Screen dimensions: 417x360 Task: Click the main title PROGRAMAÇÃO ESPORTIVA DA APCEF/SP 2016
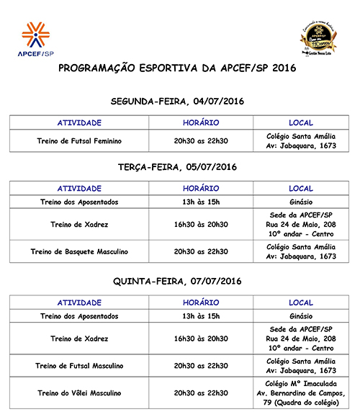click(177, 69)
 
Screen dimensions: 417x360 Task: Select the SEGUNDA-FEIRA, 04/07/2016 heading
click(177, 101)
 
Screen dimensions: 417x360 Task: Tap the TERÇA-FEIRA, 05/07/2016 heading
click(177, 167)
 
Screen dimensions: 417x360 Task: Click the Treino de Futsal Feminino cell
click(79, 140)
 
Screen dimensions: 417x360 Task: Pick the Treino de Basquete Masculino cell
click(79, 251)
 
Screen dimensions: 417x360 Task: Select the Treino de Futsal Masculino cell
click(79, 366)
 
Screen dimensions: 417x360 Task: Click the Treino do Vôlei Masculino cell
click(79, 393)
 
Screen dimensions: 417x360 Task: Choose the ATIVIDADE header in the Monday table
click(79, 122)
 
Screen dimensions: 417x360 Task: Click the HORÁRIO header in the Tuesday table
click(201, 188)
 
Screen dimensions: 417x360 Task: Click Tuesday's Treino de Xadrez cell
click(79, 225)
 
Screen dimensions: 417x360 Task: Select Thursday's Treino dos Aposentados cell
click(79, 316)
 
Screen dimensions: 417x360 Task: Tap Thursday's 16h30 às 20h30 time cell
click(201, 338)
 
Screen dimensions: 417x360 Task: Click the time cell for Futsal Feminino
click(201, 140)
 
